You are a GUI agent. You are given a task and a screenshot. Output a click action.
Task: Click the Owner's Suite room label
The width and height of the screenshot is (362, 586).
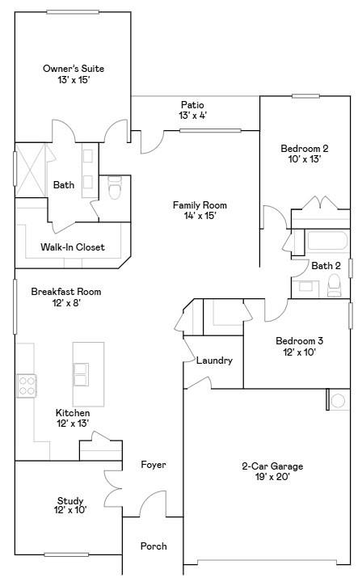(x=74, y=69)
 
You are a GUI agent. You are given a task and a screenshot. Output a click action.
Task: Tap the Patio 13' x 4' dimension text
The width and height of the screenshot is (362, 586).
(x=193, y=116)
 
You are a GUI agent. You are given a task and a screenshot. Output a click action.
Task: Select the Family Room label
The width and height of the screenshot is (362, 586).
(x=200, y=205)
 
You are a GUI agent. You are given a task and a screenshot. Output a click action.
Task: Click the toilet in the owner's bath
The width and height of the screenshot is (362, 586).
(x=115, y=187)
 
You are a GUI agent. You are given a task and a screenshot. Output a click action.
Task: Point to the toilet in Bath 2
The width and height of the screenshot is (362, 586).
(x=334, y=285)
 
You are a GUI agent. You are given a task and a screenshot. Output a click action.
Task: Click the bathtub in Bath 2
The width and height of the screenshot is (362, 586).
(x=327, y=240)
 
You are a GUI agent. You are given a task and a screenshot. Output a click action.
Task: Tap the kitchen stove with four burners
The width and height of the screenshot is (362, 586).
(x=27, y=386)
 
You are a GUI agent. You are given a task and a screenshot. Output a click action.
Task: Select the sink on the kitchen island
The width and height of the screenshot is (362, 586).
(x=81, y=374)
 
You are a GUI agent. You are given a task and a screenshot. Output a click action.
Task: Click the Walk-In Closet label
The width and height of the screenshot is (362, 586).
(x=73, y=247)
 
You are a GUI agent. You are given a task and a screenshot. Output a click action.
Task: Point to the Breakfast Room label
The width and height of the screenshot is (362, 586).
(x=66, y=292)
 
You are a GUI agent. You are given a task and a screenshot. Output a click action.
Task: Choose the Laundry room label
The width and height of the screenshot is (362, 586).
(x=214, y=360)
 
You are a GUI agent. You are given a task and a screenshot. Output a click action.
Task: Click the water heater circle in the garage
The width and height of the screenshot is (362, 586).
(x=338, y=401)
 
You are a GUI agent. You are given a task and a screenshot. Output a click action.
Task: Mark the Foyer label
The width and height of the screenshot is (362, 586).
(x=154, y=465)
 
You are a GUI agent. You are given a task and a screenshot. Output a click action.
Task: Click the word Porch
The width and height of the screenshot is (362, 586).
(x=154, y=546)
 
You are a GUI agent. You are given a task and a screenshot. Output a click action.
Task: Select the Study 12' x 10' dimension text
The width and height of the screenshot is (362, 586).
(x=70, y=510)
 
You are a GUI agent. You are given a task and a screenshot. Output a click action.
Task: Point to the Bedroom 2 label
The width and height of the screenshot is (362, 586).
(x=305, y=149)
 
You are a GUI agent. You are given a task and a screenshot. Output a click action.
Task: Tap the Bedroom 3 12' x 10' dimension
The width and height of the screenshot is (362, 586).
(x=300, y=352)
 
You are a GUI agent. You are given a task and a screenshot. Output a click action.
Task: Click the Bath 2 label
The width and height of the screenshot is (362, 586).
(x=326, y=266)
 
